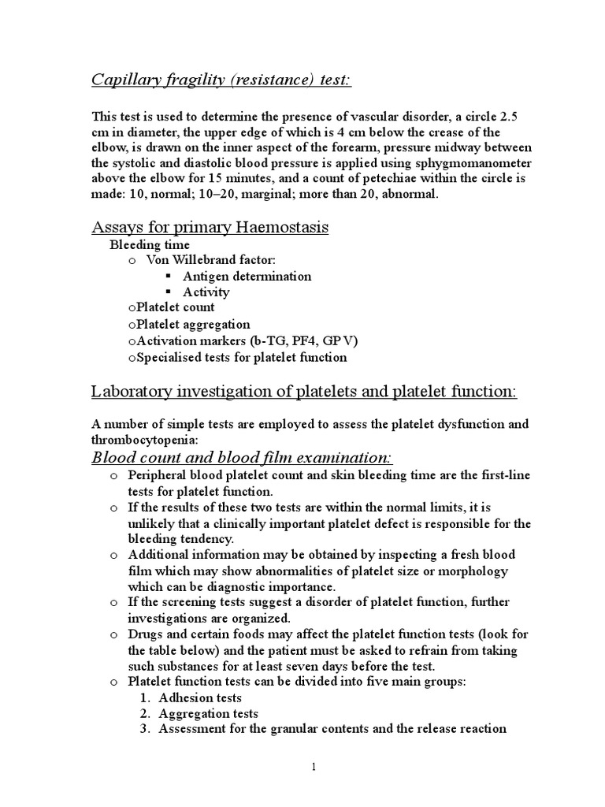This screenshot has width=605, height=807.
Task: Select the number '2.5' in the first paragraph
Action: pos(502,116)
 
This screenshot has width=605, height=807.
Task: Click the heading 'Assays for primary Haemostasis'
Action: pos(210,228)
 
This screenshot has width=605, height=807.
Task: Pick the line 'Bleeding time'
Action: pos(149,245)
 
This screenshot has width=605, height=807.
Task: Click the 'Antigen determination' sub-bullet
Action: pos(247,276)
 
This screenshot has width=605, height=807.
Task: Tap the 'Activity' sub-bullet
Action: pos(206,292)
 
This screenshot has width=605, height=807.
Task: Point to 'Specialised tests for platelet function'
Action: pos(241,357)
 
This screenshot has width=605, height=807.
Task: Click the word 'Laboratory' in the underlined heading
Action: pos(132,391)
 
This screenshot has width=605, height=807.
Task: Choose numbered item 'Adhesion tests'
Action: pos(200,697)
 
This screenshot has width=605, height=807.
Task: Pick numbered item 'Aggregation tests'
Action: pos(208,713)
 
